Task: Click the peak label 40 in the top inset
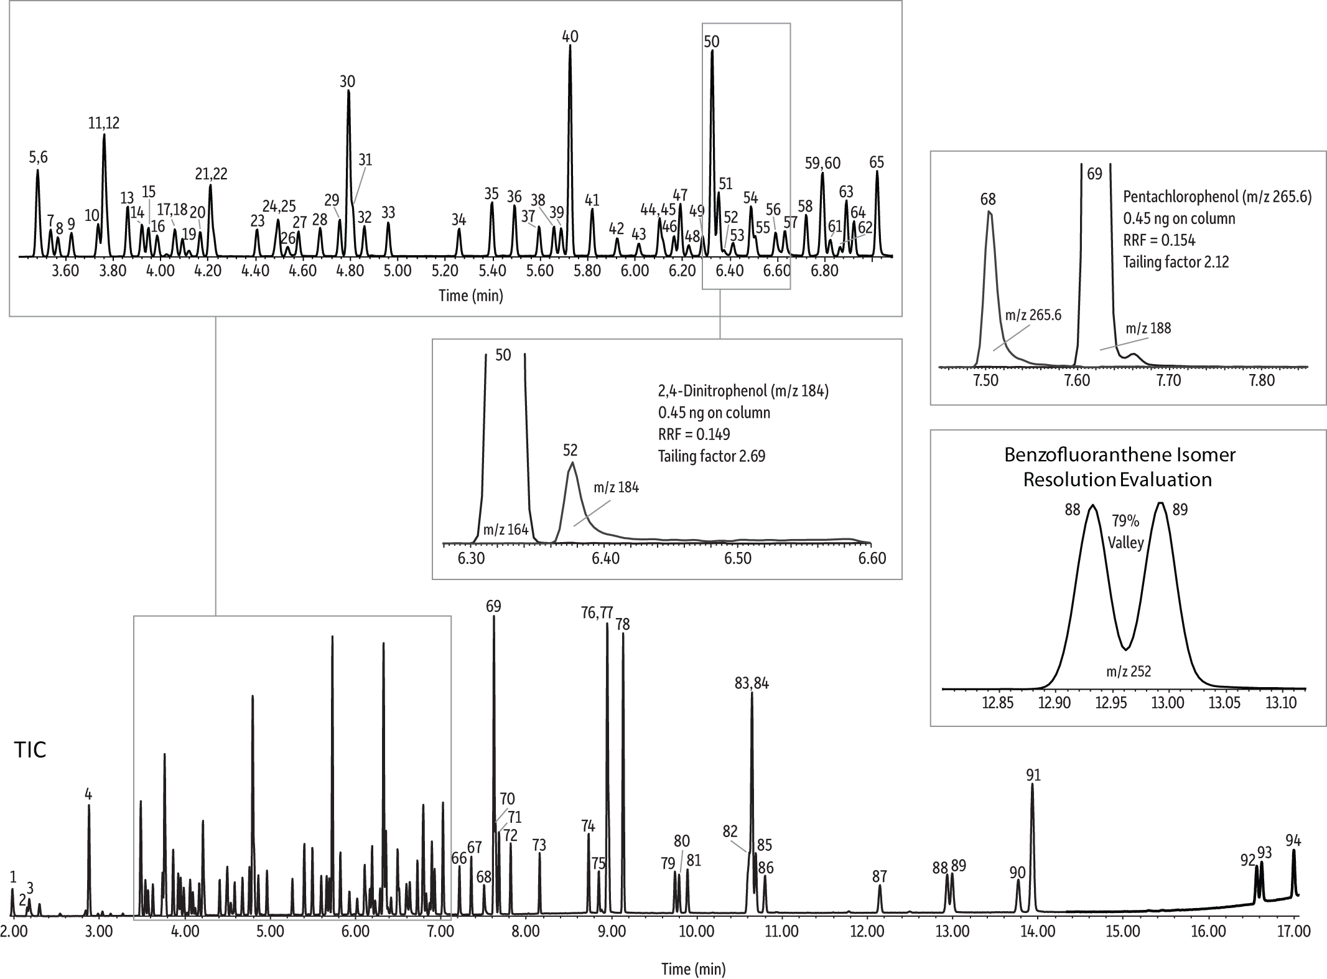click(570, 37)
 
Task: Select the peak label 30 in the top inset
click(347, 82)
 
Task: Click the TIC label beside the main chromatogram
click(30, 750)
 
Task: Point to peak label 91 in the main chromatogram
click(1033, 775)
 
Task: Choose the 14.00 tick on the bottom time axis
click(1037, 932)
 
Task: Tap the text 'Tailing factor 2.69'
click(712, 456)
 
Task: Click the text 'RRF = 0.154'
click(1159, 240)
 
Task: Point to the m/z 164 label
click(506, 530)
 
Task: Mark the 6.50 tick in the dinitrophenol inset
click(738, 558)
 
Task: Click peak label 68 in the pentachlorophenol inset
click(988, 199)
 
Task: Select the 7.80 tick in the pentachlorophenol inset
click(1261, 380)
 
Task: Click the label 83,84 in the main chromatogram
click(752, 683)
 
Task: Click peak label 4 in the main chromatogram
click(88, 794)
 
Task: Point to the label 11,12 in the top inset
click(104, 123)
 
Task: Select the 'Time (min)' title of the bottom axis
click(693, 968)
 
